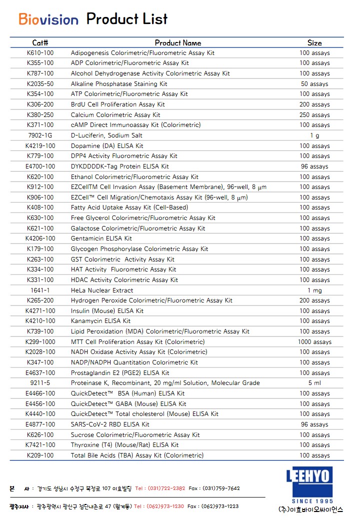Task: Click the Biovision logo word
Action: tap(48, 19)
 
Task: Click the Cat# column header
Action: tap(40, 43)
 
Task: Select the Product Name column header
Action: tap(178, 43)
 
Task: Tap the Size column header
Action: tap(314, 43)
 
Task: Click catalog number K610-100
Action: tap(40, 53)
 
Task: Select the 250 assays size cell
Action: tap(314, 115)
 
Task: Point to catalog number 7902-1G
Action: tap(40, 135)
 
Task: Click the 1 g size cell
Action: tap(314, 135)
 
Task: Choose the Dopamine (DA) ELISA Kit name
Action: tap(107, 146)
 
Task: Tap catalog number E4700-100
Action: tap(40, 166)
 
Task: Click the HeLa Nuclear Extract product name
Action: tap(102, 290)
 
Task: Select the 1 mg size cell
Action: tap(314, 290)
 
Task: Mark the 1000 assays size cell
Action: tap(314, 342)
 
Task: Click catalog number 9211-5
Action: tap(40, 383)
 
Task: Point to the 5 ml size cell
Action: tap(314, 383)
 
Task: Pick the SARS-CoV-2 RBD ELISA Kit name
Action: tap(110, 424)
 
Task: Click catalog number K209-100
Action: tap(40, 455)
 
